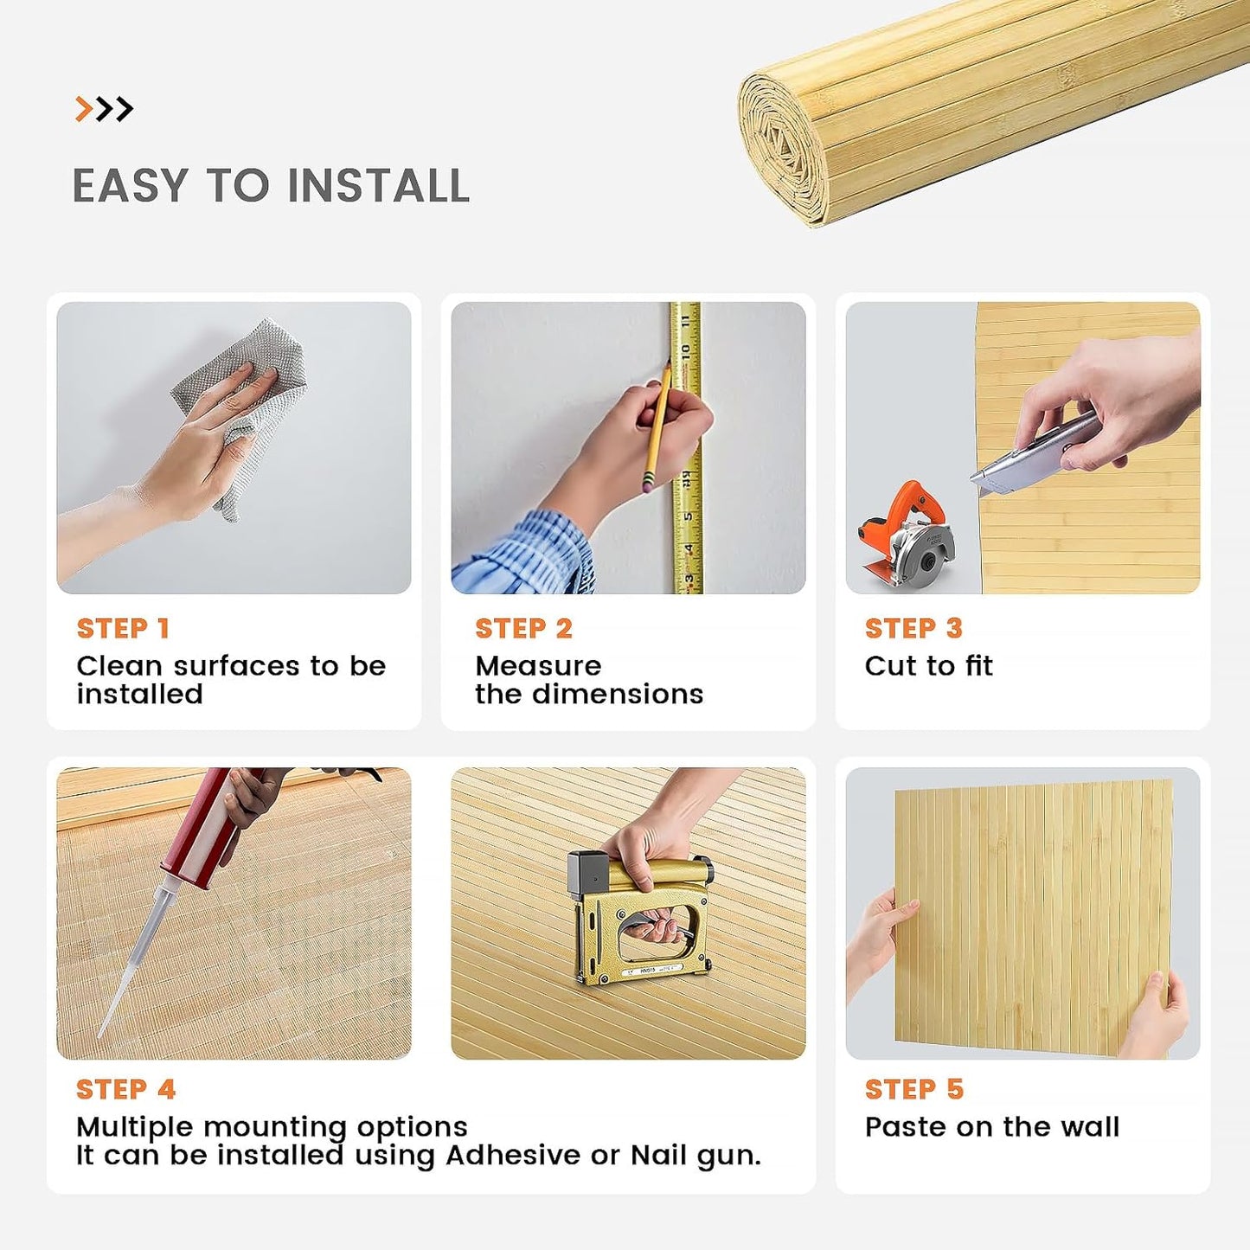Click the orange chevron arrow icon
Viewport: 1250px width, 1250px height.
coord(84,109)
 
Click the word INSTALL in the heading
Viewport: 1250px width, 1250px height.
coord(378,186)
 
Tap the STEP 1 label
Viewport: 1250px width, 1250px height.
coord(123,628)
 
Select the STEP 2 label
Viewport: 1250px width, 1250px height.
coord(523,628)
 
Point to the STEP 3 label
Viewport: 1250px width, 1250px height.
coord(913,628)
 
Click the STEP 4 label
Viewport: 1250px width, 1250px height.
coord(125,1089)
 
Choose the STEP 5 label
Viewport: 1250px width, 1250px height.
coord(914,1089)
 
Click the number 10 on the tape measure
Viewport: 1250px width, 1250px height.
coord(685,353)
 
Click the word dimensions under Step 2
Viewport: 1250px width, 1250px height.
coord(618,694)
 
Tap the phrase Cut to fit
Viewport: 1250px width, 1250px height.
coord(929,665)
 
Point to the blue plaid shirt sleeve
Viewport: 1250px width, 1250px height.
coord(528,554)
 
